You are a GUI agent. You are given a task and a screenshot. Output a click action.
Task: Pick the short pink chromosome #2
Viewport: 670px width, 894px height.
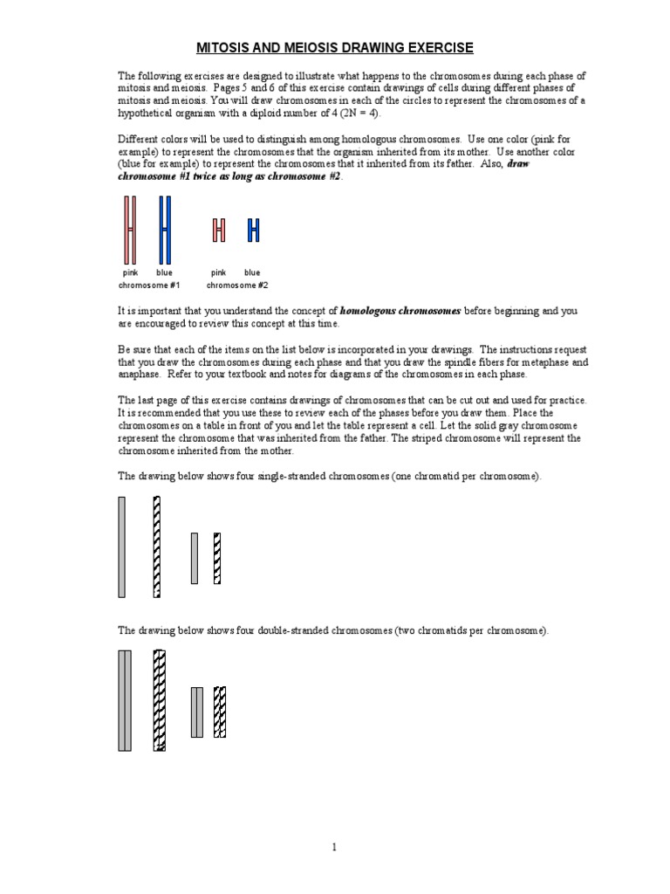click(219, 230)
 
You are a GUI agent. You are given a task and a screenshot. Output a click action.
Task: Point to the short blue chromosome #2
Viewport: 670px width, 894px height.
click(253, 230)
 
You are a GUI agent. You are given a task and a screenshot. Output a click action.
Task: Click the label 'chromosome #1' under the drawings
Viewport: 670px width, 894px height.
click(149, 285)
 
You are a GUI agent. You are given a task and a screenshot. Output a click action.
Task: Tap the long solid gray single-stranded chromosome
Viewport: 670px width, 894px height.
click(122, 547)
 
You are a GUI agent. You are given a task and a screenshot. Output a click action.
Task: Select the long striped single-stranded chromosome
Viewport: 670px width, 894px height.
click(156, 547)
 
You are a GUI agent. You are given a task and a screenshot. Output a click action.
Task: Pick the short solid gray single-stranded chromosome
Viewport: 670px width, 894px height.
click(195, 558)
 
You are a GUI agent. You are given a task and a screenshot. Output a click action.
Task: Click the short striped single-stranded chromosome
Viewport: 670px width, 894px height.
click(217, 558)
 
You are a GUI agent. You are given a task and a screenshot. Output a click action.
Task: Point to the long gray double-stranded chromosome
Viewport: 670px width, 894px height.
click(125, 700)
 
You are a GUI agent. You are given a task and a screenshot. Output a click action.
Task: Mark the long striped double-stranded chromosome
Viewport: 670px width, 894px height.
click(159, 700)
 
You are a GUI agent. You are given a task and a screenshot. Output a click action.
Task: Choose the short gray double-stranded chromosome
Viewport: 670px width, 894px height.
click(197, 712)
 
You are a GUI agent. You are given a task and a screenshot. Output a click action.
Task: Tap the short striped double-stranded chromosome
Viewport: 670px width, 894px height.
click(220, 712)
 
